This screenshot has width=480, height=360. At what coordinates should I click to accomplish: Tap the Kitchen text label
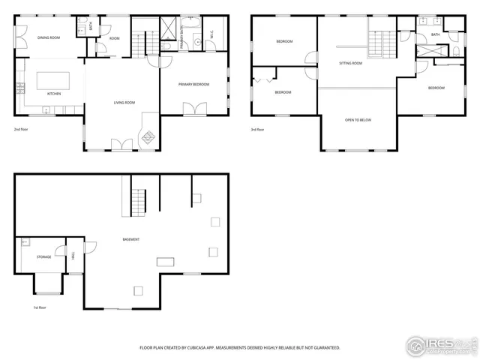point(54,94)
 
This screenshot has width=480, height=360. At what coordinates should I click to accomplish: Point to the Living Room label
point(124,102)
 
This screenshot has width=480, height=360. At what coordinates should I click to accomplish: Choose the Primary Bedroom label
point(193,85)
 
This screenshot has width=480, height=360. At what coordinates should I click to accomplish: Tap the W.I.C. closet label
point(212,35)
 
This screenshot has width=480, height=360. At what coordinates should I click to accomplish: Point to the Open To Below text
point(358,120)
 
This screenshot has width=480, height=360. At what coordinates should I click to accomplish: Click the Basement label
point(131,239)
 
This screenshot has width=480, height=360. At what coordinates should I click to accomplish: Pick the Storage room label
point(44,257)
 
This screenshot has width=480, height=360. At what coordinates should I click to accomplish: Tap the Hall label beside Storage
point(73,256)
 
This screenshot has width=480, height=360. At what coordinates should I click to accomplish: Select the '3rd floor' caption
point(257,129)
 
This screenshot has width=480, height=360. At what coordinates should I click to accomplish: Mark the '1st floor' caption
point(40,307)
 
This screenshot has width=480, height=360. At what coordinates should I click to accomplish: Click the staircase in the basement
point(137,201)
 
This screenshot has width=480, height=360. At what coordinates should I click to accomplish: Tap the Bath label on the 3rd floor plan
point(436,34)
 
